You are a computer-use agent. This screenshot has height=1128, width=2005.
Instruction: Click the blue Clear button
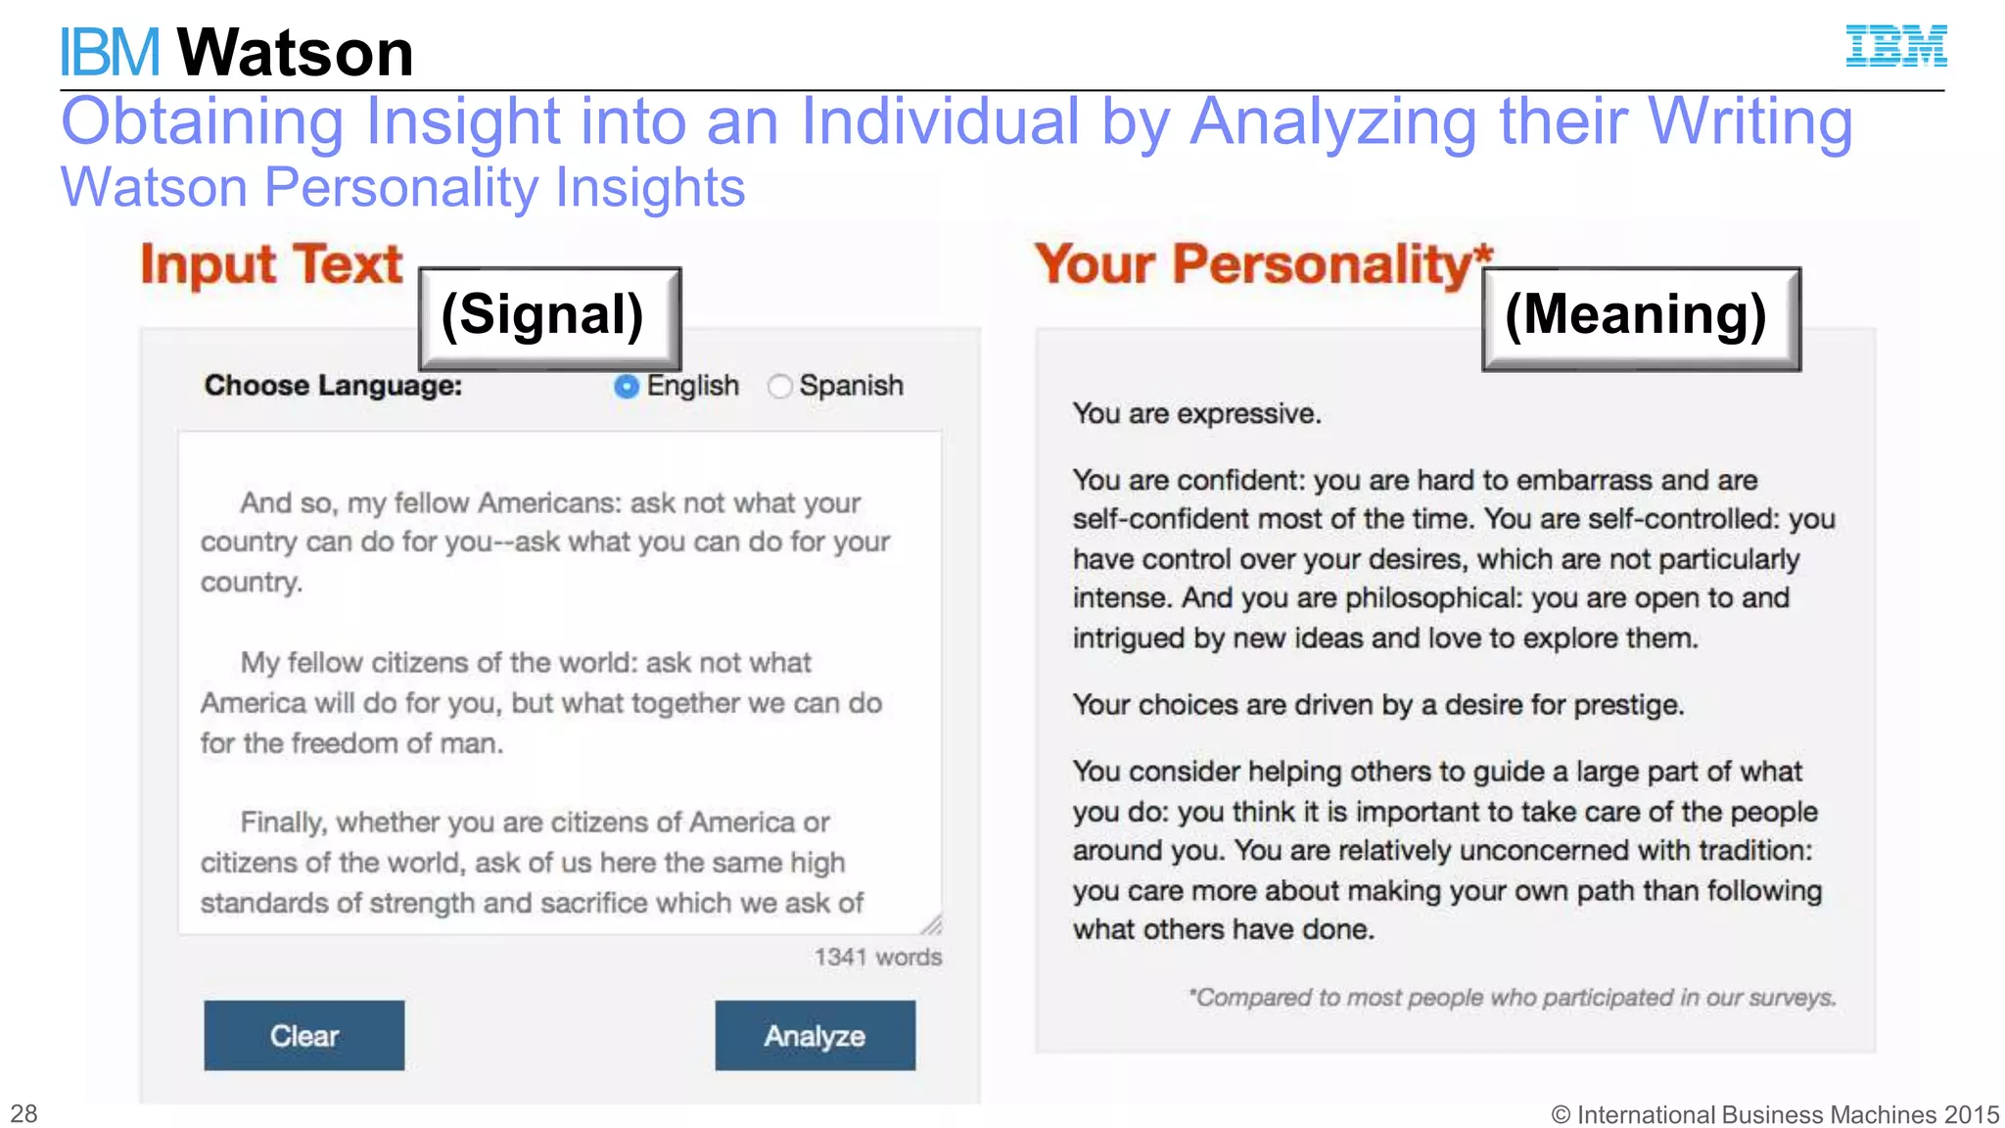(303, 1035)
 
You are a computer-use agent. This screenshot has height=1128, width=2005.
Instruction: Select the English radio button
(626, 387)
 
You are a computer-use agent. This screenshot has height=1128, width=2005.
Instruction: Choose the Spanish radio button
(779, 387)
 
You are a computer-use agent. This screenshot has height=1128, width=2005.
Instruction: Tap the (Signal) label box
(549, 317)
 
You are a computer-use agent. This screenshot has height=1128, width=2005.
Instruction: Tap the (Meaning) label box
(1640, 317)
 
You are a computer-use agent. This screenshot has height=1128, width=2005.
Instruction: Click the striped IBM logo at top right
(1895, 46)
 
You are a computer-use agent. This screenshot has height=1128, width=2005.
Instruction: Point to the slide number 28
(23, 1113)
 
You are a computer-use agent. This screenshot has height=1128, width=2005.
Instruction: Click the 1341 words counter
(877, 957)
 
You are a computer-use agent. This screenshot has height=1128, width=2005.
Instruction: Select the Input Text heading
(271, 264)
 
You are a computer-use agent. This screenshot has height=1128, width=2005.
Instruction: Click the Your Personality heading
(1263, 264)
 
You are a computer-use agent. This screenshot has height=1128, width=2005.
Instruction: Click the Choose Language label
(333, 386)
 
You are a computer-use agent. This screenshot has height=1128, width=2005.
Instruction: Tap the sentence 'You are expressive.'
(1196, 414)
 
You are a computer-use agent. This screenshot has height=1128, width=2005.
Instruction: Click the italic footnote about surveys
(1512, 998)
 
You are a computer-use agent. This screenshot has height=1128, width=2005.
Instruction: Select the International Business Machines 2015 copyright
(1774, 1114)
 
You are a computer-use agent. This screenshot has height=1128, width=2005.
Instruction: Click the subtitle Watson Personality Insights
(402, 187)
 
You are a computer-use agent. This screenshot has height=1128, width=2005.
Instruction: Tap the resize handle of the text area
(932, 924)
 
